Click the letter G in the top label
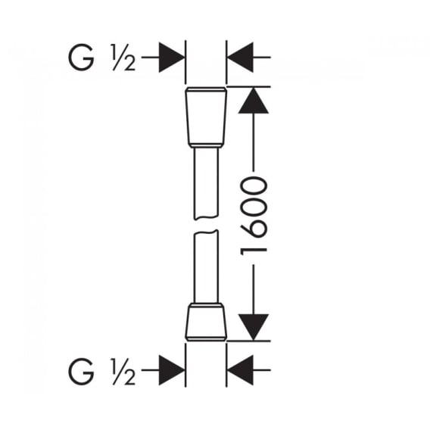81,58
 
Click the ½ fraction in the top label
123,58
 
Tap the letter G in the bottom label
81,371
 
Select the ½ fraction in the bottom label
123,371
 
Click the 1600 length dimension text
254,216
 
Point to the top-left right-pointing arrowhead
171,58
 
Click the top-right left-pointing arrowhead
240,58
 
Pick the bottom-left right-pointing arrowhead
171,370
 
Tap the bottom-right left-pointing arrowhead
240,370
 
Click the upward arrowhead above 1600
253,101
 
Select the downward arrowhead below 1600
253,327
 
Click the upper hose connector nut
206,117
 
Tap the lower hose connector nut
206,322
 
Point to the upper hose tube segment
206,183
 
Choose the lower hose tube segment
206,266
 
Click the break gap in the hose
206,225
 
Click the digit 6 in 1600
254,227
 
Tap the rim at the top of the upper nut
206,89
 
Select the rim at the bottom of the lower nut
206,339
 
